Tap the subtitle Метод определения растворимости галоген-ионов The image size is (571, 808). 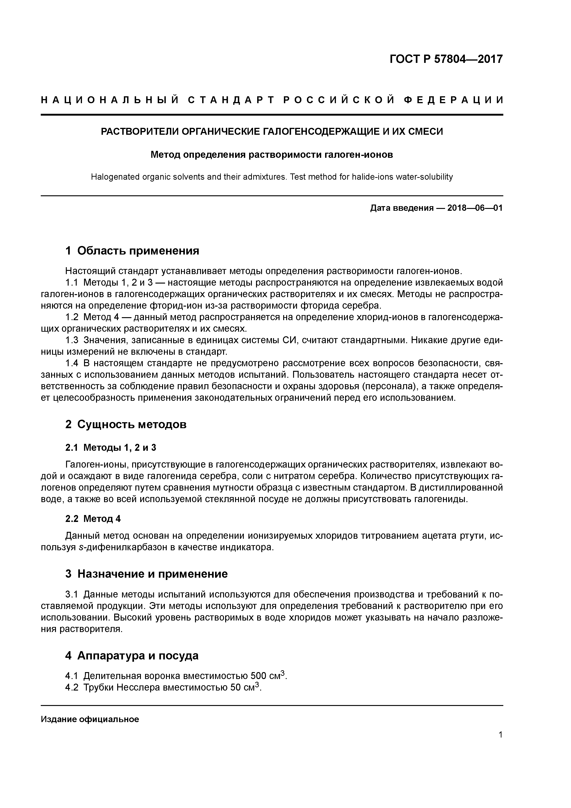pyautogui.click(x=272, y=155)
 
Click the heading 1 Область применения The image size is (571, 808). pyautogui.click(x=132, y=251)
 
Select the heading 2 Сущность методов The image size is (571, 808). pyautogui.click(x=126, y=425)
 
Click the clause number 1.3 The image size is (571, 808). pyautogui.click(x=72, y=340)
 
